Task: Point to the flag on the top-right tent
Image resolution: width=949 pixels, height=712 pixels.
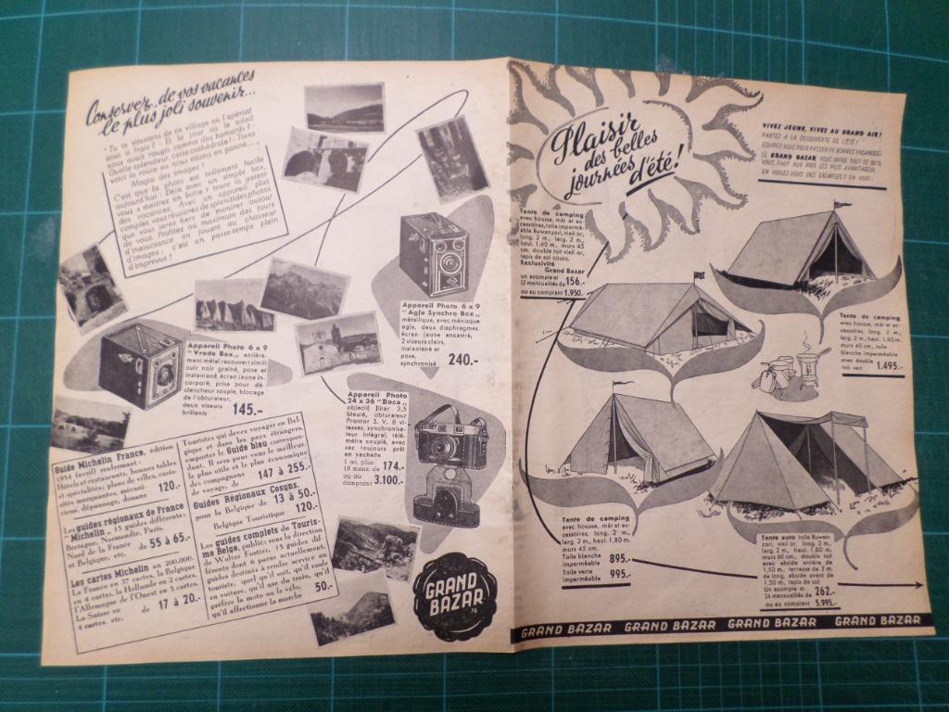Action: coord(841,204)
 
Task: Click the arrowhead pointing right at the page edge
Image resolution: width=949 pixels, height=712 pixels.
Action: coord(917,585)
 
